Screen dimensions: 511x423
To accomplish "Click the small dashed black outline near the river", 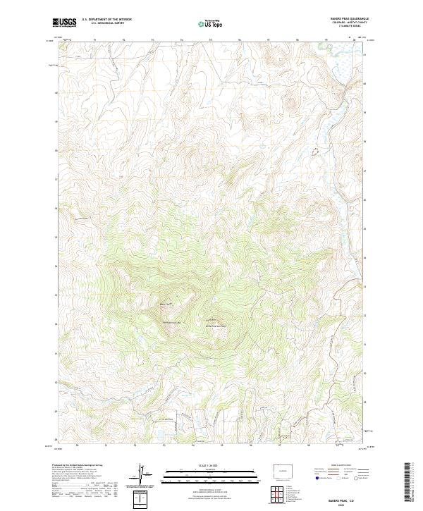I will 315,150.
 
